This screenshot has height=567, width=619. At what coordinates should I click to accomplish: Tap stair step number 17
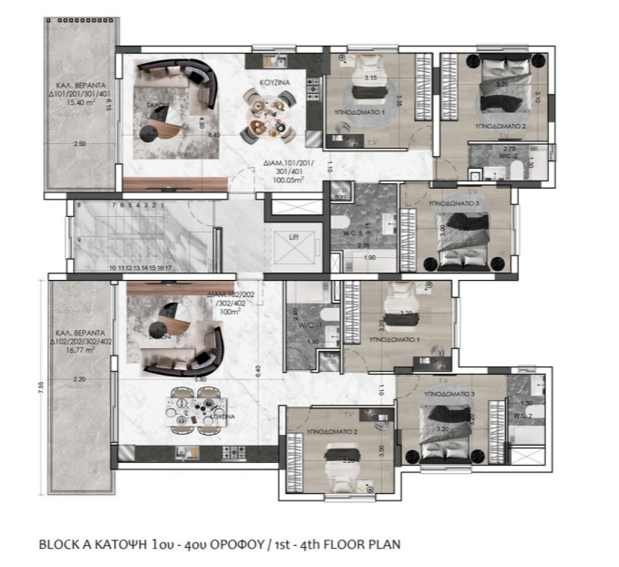tap(170, 268)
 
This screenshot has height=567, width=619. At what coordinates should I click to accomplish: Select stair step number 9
tap(78, 239)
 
